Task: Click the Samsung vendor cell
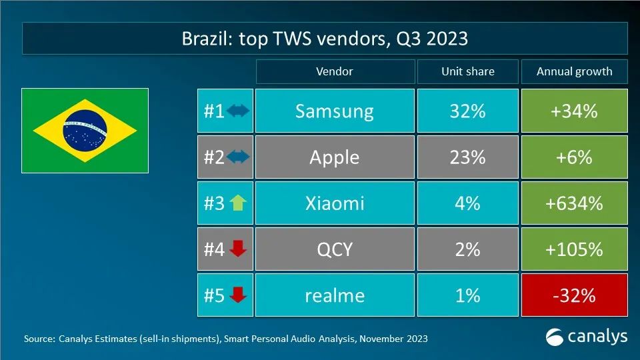point(334,111)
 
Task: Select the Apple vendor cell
point(334,157)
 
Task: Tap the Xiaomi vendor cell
point(334,203)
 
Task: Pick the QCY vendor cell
point(334,249)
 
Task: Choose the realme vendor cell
point(334,295)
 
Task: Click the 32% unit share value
point(467,111)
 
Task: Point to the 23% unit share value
point(467,157)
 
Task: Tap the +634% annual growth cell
point(574,203)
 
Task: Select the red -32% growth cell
point(574,295)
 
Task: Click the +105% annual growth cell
point(574,249)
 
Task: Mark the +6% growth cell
point(574,157)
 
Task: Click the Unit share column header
point(467,71)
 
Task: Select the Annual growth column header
point(574,71)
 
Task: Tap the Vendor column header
point(334,71)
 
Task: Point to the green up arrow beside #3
point(237,203)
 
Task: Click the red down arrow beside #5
point(237,295)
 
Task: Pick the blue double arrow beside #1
point(237,111)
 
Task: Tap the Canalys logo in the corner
point(586,337)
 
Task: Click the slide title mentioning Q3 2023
point(325,39)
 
